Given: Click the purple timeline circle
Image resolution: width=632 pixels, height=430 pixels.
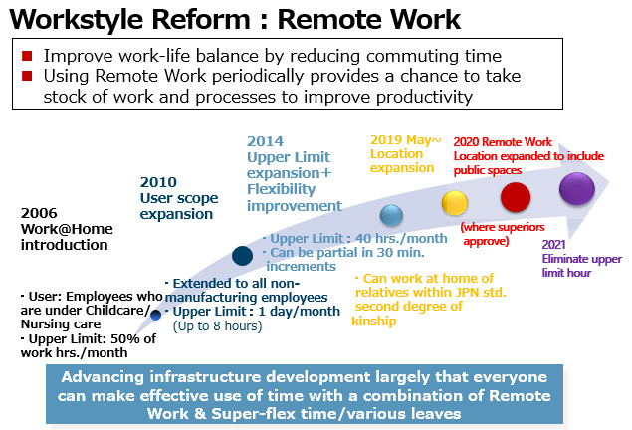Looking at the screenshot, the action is pyautogui.click(x=577, y=188).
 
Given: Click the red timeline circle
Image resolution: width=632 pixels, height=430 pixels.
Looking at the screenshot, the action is pyautogui.click(x=516, y=197).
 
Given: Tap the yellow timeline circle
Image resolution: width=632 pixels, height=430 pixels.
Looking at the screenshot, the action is pyautogui.click(x=455, y=203).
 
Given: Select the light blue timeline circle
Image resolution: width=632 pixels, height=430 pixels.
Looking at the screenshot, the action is pyautogui.click(x=391, y=215).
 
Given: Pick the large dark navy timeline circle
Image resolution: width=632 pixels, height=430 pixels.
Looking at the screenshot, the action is pyautogui.click(x=242, y=256).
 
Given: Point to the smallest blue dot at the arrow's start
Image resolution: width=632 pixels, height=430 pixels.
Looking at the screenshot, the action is pyautogui.click(x=155, y=315).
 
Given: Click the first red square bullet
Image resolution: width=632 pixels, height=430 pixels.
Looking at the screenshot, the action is pyautogui.click(x=27, y=56).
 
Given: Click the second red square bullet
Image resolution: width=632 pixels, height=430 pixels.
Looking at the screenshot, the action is pyautogui.click(x=27, y=76).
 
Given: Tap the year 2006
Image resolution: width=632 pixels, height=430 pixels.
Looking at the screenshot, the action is pyautogui.click(x=39, y=213).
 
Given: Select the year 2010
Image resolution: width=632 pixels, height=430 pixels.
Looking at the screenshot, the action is pyautogui.click(x=158, y=182).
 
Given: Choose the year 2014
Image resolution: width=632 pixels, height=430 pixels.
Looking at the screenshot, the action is pyautogui.click(x=265, y=141).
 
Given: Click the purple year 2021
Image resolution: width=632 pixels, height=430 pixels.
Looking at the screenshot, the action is pyautogui.click(x=553, y=245).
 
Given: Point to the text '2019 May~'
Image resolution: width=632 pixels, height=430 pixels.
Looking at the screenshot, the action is pyautogui.click(x=405, y=140).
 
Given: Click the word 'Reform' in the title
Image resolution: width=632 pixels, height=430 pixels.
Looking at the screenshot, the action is pyautogui.click(x=201, y=19).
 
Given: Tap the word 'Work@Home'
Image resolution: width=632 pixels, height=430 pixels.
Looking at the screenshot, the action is pyautogui.click(x=67, y=229).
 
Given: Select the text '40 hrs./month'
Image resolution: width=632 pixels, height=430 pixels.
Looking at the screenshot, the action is pyautogui.click(x=401, y=238).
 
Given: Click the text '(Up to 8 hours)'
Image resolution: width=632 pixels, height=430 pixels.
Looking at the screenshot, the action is pyautogui.click(x=217, y=325).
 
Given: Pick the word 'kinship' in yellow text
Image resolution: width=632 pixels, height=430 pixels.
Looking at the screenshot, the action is pyautogui.click(x=374, y=321).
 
